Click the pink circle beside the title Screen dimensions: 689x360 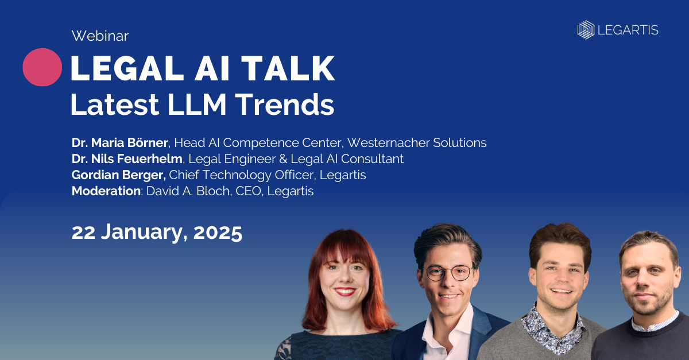click(x=42, y=67)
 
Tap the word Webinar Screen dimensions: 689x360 click(x=100, y=36)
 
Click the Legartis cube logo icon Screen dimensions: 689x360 click(x=586, y=30)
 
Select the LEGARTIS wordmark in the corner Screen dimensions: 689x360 click(x=628, y=30)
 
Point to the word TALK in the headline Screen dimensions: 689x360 click(x=288, y=68)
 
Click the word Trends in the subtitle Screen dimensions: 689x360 click(x=285, y=104)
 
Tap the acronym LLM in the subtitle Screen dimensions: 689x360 click(x=197, y=104)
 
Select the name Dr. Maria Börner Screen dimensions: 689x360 click(x=119, y=142)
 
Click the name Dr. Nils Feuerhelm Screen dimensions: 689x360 click(x=127, y=159)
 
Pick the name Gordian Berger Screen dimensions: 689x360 click(x=119, y=175)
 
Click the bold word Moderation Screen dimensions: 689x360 click(x=106, y=191)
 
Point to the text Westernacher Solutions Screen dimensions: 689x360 click(x=417, y=142)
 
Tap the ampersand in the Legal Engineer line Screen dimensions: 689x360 click(x=283, y=159)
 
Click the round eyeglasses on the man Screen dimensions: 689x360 click(x=449, y=273)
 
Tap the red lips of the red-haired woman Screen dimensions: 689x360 click(x=345, y=291)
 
